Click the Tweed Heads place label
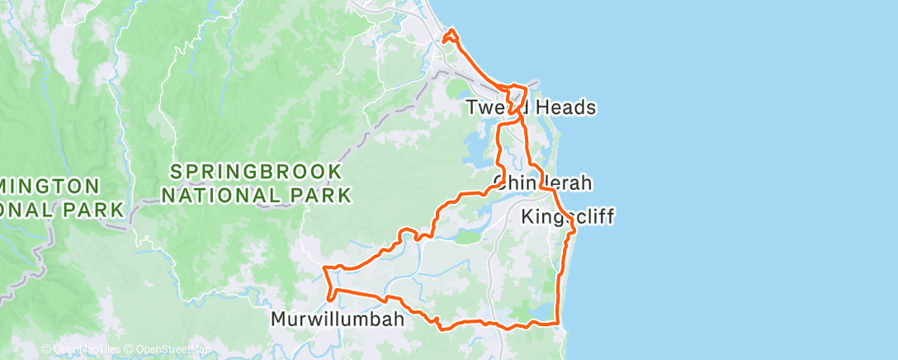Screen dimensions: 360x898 point(531,107)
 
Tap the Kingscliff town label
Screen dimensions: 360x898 point(568,217)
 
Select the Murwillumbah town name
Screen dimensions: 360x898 point(338,319)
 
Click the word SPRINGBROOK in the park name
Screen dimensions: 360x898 point(256,173)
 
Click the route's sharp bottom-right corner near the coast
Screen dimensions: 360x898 point(560,323)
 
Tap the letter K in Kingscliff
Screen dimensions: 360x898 point(528,217)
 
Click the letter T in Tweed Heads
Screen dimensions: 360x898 point(471,107)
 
